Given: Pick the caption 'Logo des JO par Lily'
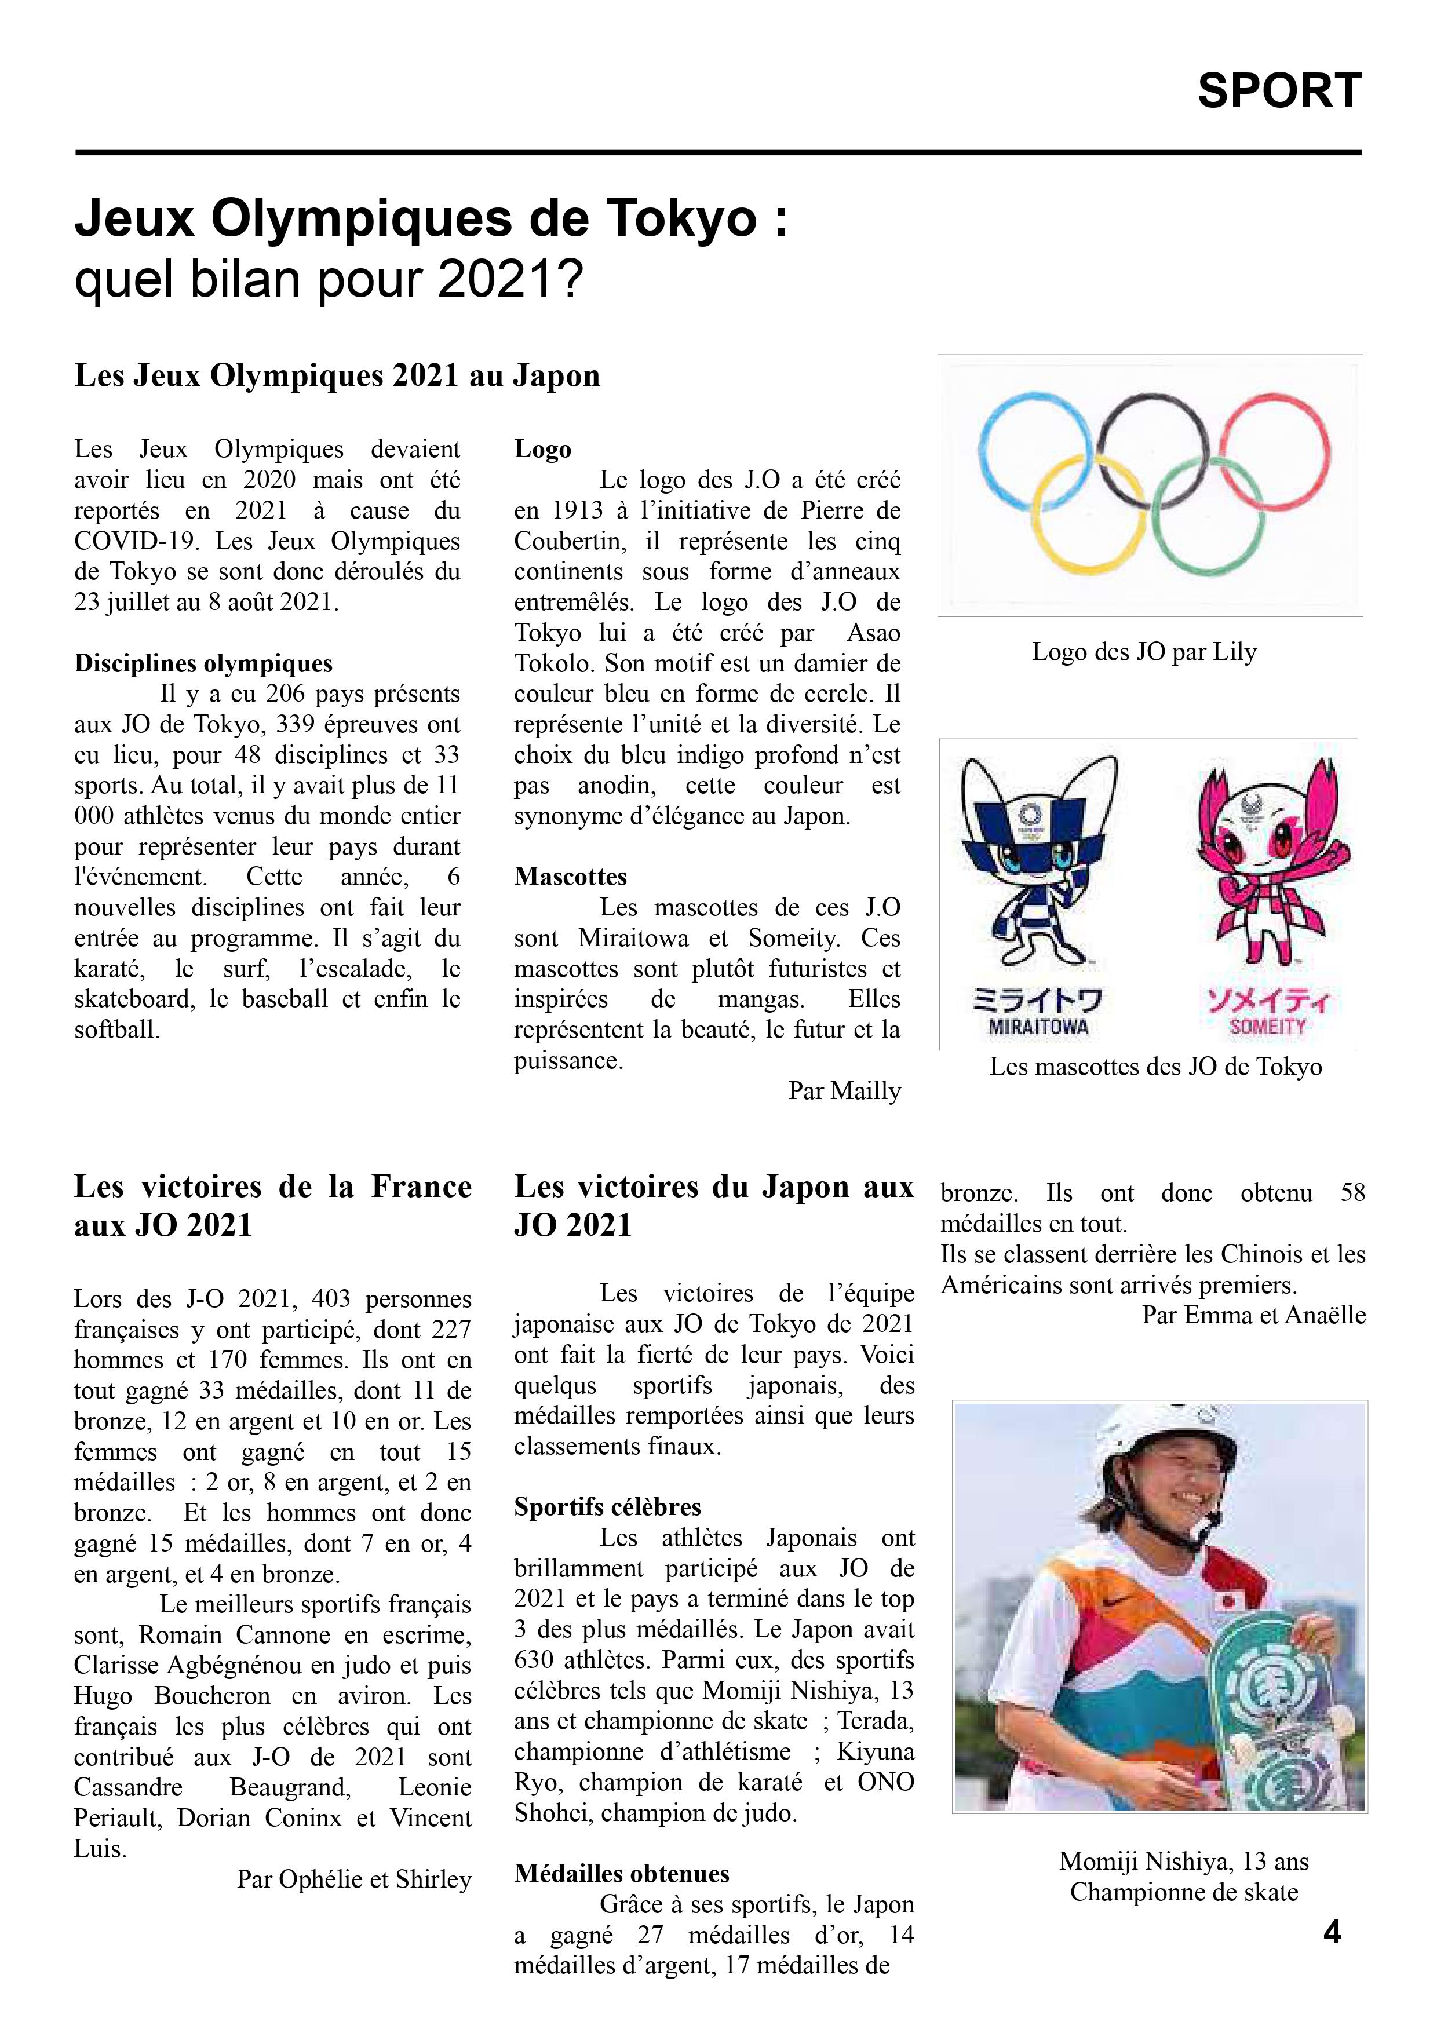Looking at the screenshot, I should [x=1144, y=652].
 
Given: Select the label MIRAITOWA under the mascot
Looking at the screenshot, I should [x=1038, y=1027].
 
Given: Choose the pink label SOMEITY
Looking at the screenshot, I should [x=1268, y=1027].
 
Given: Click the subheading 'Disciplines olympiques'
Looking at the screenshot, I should [x=203, y=664].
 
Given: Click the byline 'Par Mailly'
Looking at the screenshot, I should [x=844, y=1091].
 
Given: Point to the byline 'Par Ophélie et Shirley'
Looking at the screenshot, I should [x=354, y=1879].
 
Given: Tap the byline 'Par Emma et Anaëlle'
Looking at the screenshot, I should [x=1253, y=1315].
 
